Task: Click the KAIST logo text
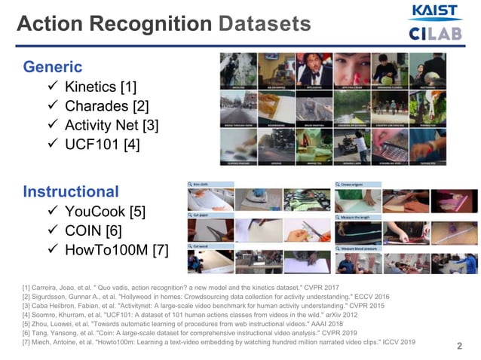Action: pyautogui.click(x=434, y=11)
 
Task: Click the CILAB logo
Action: pyautogui.click(x=434, y=33)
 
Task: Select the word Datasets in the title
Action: pyautogui.click(x=265, y=24)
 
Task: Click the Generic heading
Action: pyautogui.click(x=53, y=66)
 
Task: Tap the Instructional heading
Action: pyautogui.click(x=71, y=191)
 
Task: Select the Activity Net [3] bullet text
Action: pyautogui.click(x=112, y=125)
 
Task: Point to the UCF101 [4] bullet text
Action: pyautogui.click(x=102, y=145)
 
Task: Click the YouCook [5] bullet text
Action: pyautogui.click(x=104, y=210)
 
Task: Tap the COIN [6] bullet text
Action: pyautogui.click(x=93, y=230)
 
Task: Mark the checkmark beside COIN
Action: pyautogui.click(x=52, y=230)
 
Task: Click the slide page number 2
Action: pyautogui.click(x=459, y=346)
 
